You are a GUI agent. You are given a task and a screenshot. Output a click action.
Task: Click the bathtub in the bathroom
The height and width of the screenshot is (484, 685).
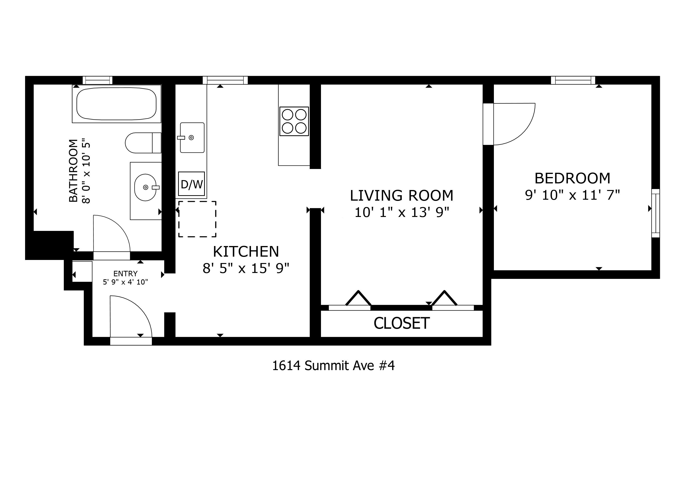pos(116,104)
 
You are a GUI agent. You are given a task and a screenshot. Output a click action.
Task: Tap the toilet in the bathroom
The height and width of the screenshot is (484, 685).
pos(143,143)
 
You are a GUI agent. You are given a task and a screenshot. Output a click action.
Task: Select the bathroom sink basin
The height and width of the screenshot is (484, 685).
pos(145,187)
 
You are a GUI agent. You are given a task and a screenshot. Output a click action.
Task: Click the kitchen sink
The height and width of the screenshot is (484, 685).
pos(192,137)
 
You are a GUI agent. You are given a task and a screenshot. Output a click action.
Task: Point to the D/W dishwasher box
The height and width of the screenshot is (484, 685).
pos(192,184)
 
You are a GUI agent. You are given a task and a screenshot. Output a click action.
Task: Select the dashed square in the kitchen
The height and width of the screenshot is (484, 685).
pos(197,219)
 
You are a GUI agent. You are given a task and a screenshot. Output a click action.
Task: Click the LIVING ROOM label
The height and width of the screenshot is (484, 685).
pos(402,195)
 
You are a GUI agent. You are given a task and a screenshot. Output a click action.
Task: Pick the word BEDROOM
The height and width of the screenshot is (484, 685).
pos(572,178)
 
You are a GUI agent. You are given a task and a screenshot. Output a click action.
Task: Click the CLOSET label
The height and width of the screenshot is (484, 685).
pos(402,323)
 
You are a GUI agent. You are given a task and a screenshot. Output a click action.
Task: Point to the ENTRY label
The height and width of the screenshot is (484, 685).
pos(125,274)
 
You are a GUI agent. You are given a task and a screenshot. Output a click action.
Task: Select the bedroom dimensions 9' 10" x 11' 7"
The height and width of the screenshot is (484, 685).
pos(572,195)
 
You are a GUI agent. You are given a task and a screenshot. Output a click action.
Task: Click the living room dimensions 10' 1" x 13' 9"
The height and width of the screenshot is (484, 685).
pos(402,213)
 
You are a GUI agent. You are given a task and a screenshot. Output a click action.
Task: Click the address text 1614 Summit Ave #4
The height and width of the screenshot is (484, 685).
pos(333,366)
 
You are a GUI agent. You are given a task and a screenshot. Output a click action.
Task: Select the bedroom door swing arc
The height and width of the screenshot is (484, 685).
pos(523,133)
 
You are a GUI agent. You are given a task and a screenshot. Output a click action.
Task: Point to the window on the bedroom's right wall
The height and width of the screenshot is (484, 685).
pos(655,213)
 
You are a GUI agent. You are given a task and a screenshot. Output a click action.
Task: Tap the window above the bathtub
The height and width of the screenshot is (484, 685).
pos(97,80)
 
